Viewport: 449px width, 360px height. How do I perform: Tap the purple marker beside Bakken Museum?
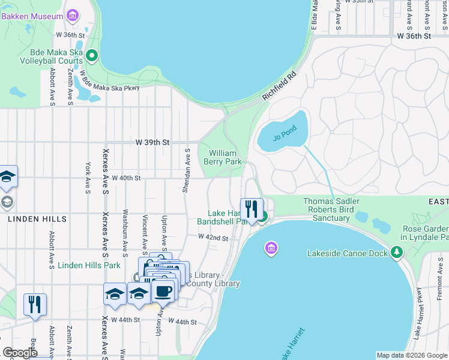(x=73, y=16)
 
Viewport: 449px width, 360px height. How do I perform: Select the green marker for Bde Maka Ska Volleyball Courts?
(x=92, y=56)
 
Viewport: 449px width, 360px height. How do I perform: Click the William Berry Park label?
(x=226, y=157)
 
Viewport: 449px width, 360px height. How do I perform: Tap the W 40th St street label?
(x=124, y=178)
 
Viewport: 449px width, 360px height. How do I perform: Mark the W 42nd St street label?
(x=213, y=238)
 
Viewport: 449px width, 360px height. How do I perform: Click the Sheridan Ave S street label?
(x=187, y=171)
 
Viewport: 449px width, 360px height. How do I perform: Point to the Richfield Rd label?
(x=279, y=86)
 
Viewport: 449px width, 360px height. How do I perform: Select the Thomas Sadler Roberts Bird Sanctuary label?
(x=331, y=209)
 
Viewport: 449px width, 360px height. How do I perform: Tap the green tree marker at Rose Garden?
(x=396, y=253)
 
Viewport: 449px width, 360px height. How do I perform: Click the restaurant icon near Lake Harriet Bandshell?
(x=252, y=209)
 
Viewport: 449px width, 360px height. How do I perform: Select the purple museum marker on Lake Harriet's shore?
(x=271, y=248)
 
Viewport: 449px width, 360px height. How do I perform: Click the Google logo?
(x=20, y=353)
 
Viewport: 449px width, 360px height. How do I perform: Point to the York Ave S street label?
(x=88, y=178)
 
